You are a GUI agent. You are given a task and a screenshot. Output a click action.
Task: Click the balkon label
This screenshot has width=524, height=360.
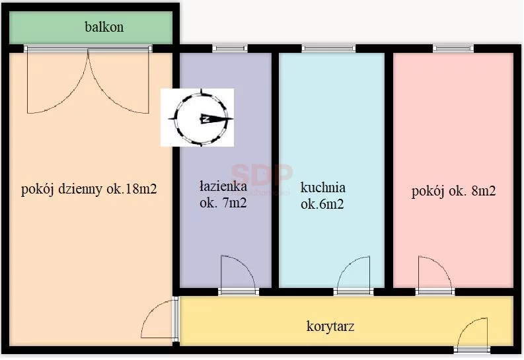(104, 27)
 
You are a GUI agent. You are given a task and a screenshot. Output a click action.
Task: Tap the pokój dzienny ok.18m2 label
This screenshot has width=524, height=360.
(89, 190)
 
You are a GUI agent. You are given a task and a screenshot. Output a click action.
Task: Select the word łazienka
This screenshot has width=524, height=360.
(223, 186)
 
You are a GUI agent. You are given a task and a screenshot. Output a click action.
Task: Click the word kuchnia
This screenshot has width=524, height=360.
(323, 188)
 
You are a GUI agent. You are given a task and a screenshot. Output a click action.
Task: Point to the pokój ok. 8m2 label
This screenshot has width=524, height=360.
(453, 192)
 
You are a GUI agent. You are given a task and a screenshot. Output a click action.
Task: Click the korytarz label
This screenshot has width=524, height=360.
(330, 326)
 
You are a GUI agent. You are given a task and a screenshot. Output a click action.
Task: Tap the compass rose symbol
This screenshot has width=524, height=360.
(200, 118)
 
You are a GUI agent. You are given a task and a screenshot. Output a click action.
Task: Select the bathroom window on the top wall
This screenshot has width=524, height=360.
(230, 48)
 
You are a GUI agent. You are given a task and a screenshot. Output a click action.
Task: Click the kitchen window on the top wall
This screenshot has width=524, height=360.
(328, 48)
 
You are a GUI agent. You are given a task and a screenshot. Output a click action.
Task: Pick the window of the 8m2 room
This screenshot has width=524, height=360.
(453, 48)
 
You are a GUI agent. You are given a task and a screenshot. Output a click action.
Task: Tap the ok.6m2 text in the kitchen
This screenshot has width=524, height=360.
(322, 204)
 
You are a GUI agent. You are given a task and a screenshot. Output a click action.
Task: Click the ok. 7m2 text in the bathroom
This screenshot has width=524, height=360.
(223, 202)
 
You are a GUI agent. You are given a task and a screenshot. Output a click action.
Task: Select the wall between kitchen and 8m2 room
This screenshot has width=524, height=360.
(389, 170)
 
